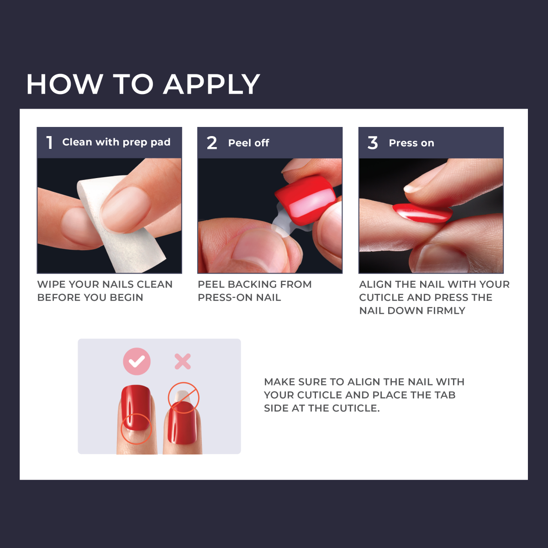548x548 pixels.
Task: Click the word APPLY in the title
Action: coord(211,84)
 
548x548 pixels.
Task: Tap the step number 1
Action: coord(49,142)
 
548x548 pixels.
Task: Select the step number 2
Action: coord(211,143)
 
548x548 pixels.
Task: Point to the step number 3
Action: coord(373,143)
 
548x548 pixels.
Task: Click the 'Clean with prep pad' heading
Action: coord(116,142)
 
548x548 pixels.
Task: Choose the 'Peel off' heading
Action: coord(248,143)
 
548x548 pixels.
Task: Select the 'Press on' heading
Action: coord(411,143)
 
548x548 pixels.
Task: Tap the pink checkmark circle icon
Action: coord(137,361)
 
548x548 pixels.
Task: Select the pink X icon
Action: coord(183,361)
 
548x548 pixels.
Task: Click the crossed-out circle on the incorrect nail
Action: coord(184,397)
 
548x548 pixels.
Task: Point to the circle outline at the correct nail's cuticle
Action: coord(136,429)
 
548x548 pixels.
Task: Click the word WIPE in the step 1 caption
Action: coord(51,285)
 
